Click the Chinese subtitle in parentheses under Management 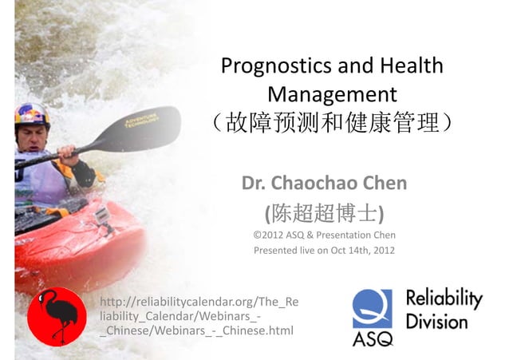coord(332,124)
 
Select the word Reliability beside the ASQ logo coord(444,299)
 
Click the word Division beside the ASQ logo coord(436,322)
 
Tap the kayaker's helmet coord(32,114)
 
